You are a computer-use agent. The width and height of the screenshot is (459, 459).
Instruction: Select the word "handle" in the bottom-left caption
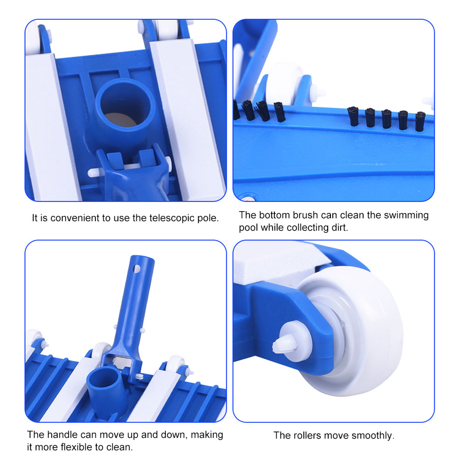coord(62,434)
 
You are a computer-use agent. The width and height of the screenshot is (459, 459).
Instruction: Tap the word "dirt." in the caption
coord(340,228)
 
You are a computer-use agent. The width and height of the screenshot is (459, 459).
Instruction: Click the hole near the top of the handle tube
coord(136,269)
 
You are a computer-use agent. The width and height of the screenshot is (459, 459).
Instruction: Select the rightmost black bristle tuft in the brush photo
coord(420,122)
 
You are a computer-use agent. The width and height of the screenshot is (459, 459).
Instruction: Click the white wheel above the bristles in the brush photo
coord(285,84)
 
